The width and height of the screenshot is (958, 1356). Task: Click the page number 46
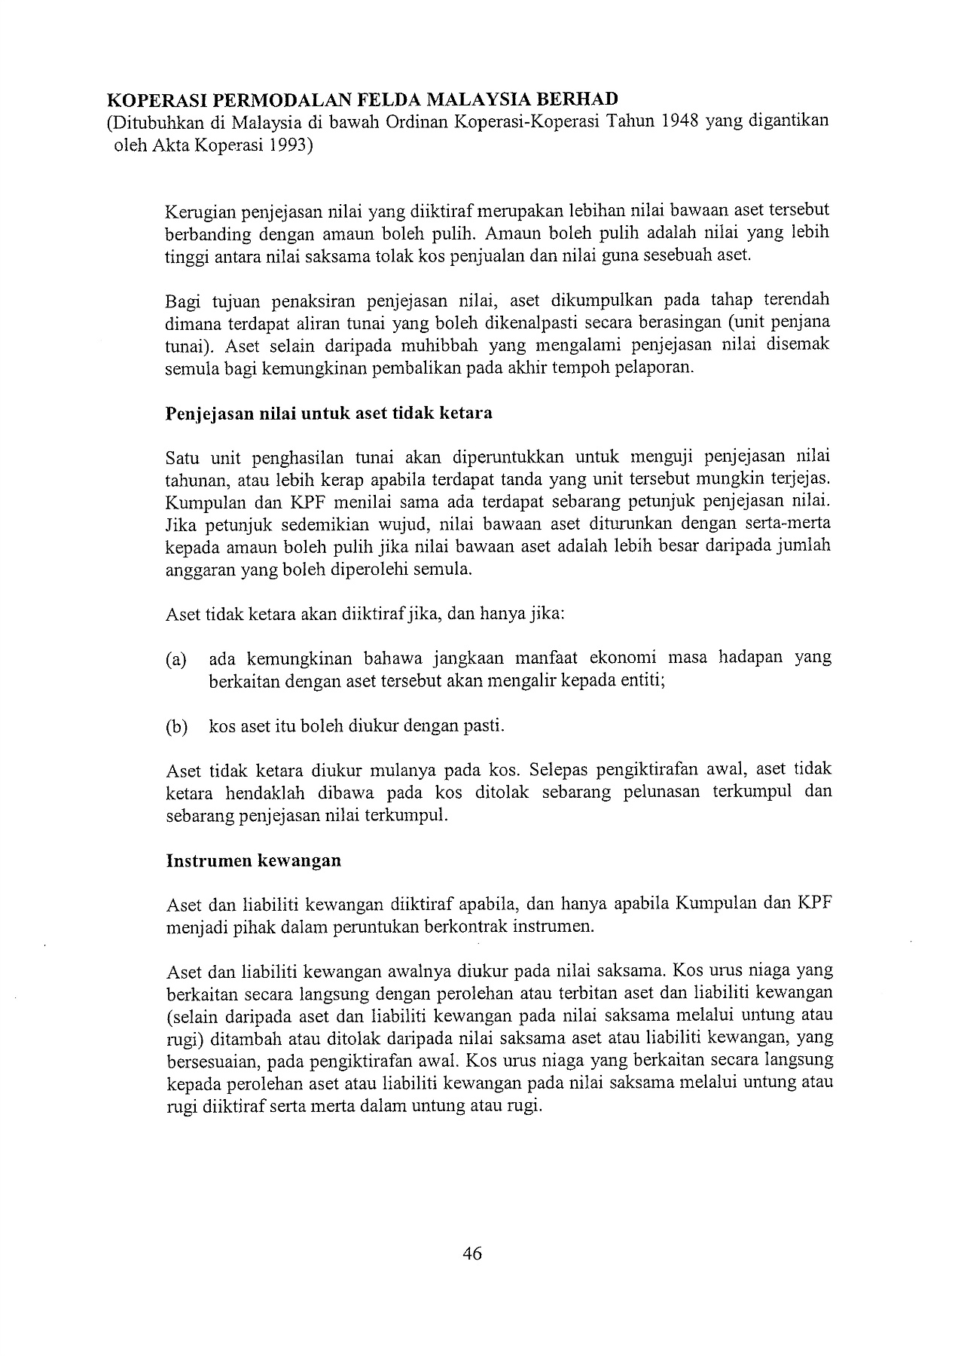coord(472,1254)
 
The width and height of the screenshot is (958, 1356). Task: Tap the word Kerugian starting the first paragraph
coord(197,212)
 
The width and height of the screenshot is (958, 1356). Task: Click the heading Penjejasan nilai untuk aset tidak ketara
coord(329,414)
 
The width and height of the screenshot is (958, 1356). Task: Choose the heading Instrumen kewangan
coord(253,860)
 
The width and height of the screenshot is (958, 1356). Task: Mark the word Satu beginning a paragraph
coord(183,457)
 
